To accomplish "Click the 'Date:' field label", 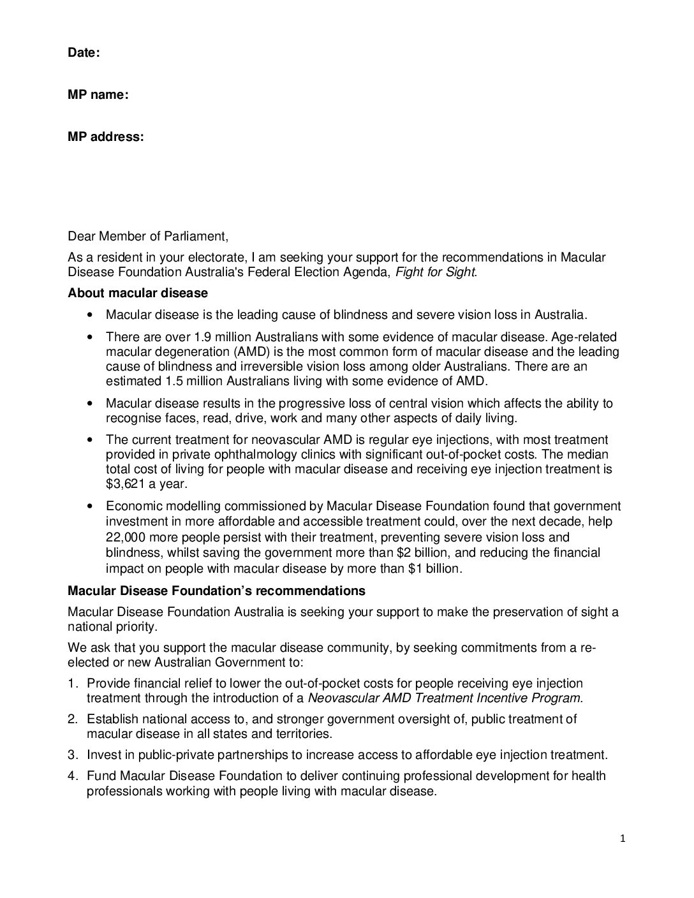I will pos(84,53).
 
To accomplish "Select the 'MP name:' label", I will pos(98,95).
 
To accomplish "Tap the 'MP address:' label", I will pos(105,137).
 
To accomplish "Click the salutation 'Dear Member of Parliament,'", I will pos(148,237).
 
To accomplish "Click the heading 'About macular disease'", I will pos(138,293).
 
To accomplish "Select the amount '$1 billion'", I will pos(434,568).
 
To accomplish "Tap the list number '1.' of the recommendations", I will pos(73,683).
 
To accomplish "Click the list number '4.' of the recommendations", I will pos(73,776).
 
